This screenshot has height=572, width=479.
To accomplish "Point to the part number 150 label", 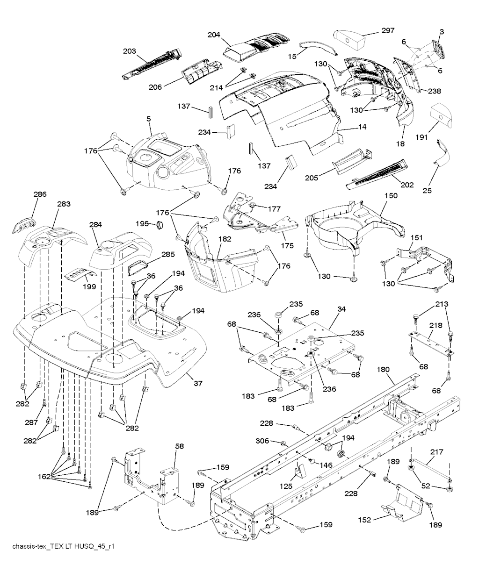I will pos(391,196).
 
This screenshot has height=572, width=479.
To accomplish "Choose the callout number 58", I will pos(179,447).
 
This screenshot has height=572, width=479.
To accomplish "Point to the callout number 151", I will pos(415,238).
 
